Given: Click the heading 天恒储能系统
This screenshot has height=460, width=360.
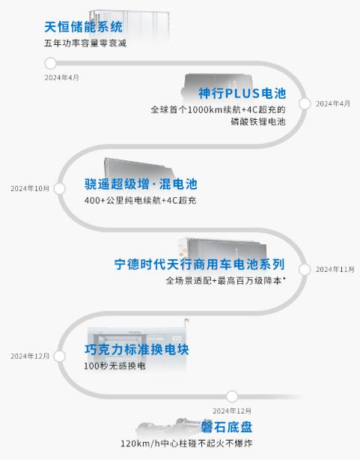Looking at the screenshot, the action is [x=84, y=27].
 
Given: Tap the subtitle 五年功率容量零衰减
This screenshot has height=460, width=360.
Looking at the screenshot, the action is [x=85, y=43].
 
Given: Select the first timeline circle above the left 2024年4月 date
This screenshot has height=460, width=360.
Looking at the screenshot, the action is [x=51, y=63].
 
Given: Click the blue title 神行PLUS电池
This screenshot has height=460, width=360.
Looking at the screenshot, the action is [x=242, y=94].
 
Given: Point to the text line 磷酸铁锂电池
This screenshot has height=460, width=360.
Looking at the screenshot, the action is [x=258, y=121].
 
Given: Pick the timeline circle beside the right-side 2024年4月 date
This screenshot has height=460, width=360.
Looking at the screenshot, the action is [x=305, y=103].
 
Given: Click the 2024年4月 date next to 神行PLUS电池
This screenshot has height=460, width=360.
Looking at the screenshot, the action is [x=333, y=103].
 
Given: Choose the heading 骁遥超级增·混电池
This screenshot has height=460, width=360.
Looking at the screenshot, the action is [x=141, y=184].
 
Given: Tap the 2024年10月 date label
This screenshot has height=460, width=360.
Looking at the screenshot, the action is [x=30, y=188].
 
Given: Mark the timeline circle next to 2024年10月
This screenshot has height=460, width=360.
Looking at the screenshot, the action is [x=60, y=189].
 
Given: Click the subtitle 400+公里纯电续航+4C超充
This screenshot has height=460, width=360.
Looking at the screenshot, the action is [x=140, y=200].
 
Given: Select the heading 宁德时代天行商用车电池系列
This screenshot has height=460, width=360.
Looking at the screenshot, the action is [x=200, y=264].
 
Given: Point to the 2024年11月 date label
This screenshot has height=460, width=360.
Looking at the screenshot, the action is [x=335, y=269].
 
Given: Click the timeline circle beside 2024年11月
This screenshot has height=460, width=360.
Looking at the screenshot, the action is [x=305, y=269].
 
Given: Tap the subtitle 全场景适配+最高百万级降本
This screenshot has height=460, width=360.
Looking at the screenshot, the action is [x=226, y=280].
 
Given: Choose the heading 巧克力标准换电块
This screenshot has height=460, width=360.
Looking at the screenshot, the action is [x=137, y=349].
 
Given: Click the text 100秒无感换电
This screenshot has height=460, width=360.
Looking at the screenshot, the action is [x=115, y=366].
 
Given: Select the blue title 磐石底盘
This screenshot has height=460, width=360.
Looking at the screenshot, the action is [x=227, y=427].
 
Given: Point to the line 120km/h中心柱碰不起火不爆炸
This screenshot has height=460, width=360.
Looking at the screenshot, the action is [x=186, y=444].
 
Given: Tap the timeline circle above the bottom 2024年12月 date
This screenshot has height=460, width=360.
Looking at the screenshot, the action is [x=232, y=396].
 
